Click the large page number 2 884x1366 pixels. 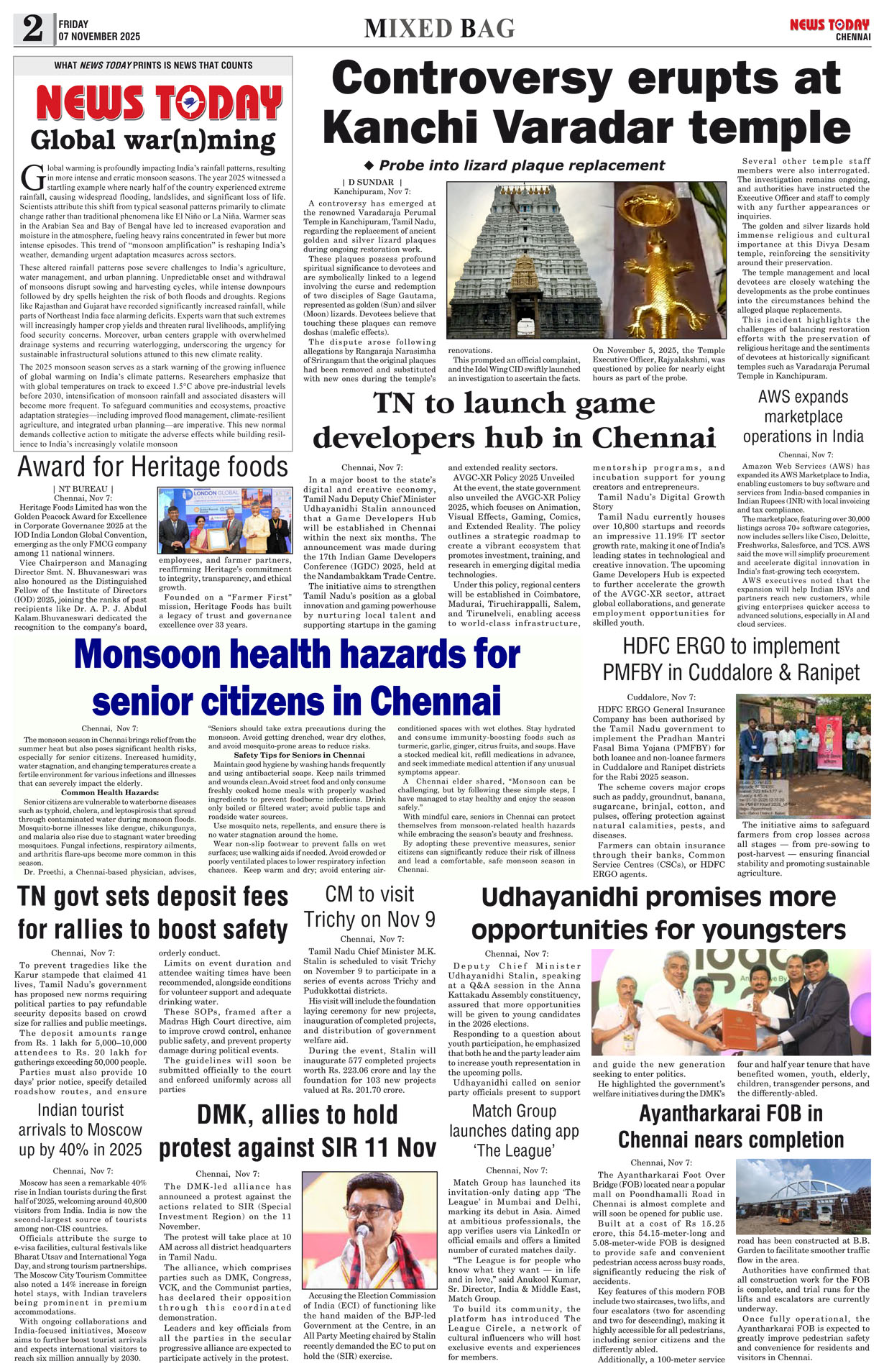(33, 28)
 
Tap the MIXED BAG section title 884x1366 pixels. (440, 28)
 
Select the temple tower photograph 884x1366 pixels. (530, 260)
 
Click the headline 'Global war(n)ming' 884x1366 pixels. (153, 139)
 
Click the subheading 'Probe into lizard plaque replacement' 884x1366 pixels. (515, 165)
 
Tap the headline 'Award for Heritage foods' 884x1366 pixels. (152, 467)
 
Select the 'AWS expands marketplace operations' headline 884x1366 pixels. (804, 416)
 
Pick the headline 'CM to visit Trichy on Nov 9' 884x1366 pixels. (369, 907)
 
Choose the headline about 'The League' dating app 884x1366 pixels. (514, 1130)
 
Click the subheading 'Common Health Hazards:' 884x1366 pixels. (110, 792)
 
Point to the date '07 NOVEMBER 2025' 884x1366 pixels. (99, 36)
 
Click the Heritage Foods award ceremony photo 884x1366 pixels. (225, 521)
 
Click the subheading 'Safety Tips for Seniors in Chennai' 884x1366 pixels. (299, 755)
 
